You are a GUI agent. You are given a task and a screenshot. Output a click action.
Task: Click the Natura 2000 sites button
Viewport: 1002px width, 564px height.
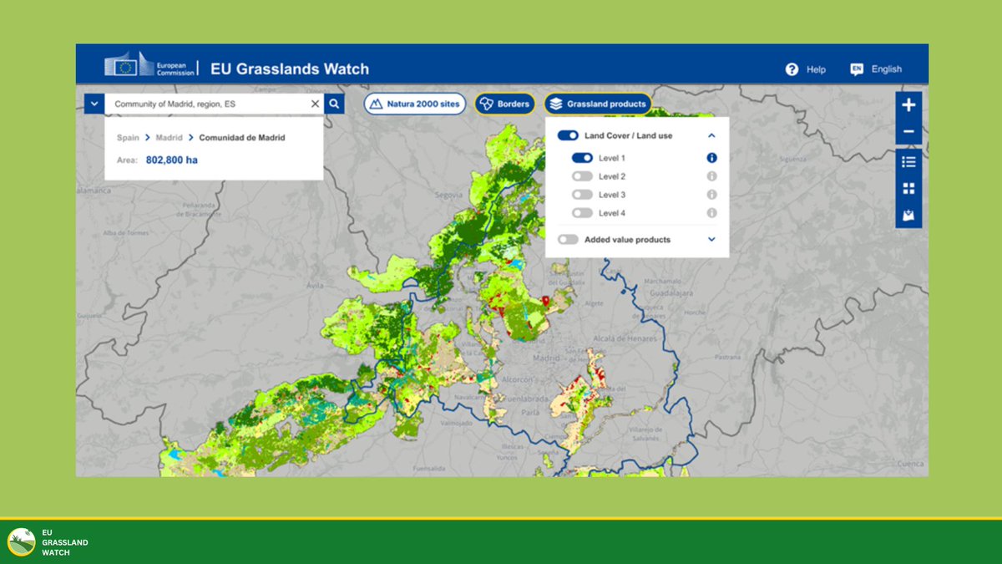click(414, 104)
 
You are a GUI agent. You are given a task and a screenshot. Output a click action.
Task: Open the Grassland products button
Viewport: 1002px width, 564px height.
click(597, 104)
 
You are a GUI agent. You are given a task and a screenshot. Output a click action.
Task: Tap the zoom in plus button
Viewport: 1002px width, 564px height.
click(908, 105)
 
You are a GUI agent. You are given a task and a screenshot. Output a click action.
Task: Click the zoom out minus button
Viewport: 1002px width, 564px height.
click(908, 132)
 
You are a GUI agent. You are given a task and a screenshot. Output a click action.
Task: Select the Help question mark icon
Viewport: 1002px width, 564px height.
click(792, 69)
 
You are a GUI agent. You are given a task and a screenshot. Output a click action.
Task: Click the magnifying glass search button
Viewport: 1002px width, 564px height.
click(333, 104)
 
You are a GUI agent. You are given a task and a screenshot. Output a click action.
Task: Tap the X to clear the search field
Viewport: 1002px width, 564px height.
click(315, 104)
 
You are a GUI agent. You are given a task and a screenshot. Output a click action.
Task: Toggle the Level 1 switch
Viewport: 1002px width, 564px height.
click(582, 158)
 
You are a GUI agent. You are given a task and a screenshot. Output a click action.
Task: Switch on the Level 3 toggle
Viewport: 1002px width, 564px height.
click(582, 195)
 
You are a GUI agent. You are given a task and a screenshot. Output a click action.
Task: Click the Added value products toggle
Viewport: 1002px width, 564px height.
click(568, 240)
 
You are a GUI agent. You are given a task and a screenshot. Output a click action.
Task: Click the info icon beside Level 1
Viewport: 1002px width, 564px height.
click(711, 158)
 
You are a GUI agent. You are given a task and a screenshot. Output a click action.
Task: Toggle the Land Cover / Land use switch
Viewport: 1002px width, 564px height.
click(568, 135)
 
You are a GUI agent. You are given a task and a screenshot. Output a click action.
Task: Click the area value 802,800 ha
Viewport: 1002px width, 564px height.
click(172, 160)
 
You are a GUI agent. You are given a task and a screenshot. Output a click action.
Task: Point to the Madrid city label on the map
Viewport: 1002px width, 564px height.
click(546, 358)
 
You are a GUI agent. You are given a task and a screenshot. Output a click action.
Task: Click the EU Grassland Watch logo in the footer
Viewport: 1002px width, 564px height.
click(22, 542)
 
